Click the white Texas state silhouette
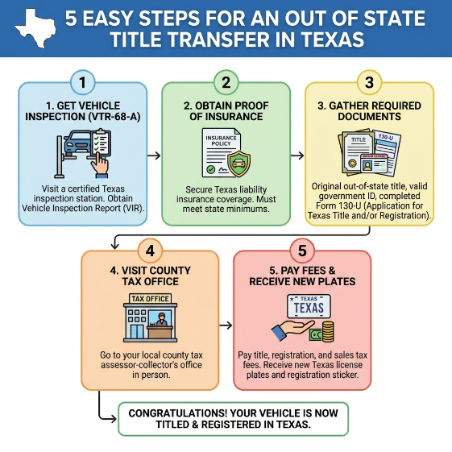[35, 27]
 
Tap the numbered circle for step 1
[83, 82]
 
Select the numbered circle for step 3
[369, 82]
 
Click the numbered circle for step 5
[302, 251]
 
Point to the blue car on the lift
[77, 143]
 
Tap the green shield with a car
[239, 164]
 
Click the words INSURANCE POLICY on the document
[221, 141]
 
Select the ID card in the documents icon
[374, 164]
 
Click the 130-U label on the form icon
[386, 138]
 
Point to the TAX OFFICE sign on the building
[150, 299]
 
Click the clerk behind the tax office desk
[161, 319]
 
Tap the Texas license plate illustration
[309, 306]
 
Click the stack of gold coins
[328, 331]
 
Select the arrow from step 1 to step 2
[154, 156]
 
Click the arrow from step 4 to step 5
[226, 326]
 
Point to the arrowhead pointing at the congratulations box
[113, 418]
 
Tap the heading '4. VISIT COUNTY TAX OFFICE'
[150, 276]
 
